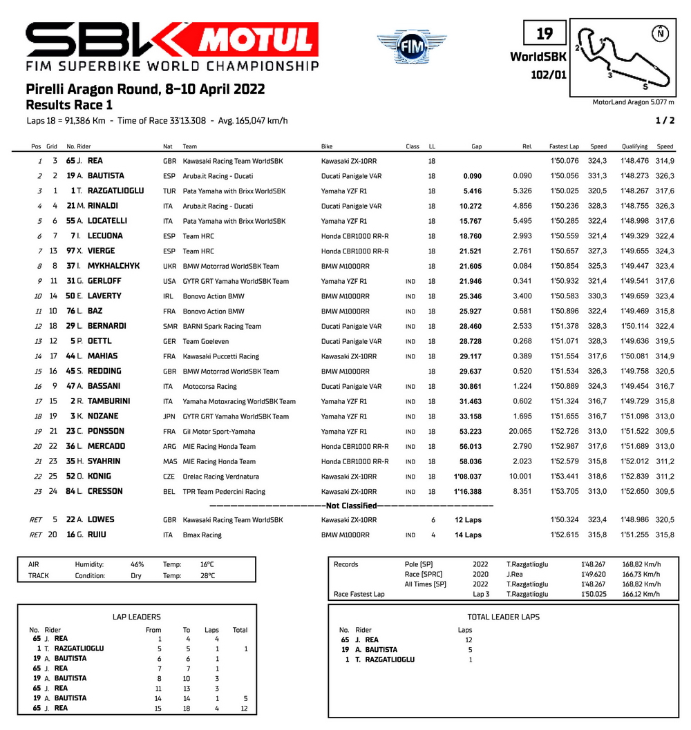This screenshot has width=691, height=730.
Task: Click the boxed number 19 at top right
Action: pos(544,34)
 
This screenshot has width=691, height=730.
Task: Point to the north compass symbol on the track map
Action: pos(661,32)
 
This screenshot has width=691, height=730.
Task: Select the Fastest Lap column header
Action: pos(563,146)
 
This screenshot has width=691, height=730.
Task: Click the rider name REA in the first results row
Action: pos(96,161)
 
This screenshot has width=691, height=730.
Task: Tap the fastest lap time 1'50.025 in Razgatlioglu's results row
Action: pos(564,191)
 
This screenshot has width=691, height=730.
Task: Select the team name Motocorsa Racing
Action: pos(209,387)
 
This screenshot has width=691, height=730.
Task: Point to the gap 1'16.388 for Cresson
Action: pos(468,492)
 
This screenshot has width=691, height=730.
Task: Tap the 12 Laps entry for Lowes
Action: pos(468,520)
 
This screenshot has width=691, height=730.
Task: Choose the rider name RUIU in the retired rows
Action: pos(97,535)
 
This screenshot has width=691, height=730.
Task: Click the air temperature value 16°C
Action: pos(207,564)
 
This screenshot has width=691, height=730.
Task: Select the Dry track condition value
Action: pos(136,576)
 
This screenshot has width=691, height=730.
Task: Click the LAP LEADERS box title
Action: pos(136,617)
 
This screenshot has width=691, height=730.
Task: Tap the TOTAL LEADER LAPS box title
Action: pos(503,617)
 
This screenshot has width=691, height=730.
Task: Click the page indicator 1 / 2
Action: pos(664,121)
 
